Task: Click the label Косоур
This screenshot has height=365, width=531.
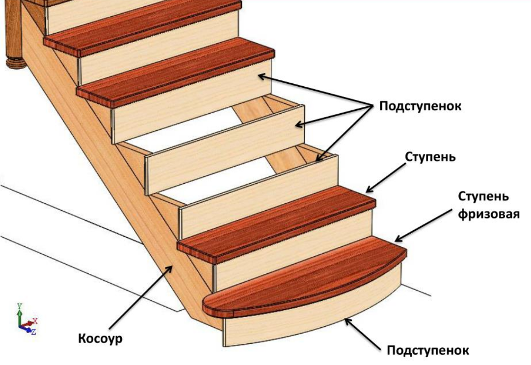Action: pos(100,339)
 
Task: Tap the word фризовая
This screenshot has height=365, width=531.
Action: pos(489,214)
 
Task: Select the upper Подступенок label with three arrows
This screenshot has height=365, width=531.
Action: pos(420,106)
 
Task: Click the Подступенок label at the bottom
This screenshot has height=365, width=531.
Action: pos(428,350)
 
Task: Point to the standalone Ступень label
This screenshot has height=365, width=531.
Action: pos(430,157)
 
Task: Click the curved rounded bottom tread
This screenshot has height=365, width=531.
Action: pos(305,278)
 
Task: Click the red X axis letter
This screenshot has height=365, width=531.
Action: pos(35,320)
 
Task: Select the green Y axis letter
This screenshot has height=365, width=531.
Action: pos(20,307)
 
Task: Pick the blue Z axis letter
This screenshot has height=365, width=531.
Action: pos(33,333)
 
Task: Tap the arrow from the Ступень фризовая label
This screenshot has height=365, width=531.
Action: pos(424,225)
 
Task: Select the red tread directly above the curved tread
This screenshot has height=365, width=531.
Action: pos(276,224)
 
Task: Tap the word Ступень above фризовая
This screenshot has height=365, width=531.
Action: pos(483,196)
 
